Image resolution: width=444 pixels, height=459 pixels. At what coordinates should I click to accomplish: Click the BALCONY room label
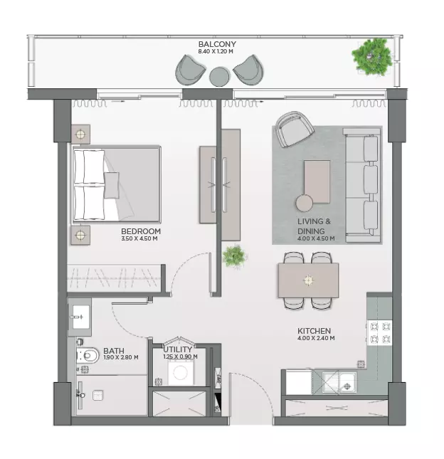(217, 44)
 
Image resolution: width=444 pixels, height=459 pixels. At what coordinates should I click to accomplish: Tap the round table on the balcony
(220, 77)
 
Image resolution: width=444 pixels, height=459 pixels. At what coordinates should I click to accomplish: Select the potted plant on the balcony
(372, 57)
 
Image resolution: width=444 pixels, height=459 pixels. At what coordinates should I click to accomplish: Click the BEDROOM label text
(141, 231)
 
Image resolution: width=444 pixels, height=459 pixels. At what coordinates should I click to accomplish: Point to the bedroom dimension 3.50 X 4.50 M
(139, 238)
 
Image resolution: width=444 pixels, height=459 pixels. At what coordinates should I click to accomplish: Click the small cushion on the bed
(112, 185)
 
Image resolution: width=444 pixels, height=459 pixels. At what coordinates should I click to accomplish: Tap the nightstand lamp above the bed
(80, 134)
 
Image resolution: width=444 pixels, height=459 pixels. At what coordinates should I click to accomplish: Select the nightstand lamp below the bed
(80, 235)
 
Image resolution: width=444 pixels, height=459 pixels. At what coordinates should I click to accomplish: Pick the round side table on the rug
(305, 203)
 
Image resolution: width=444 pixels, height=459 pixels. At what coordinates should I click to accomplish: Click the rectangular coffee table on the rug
(317, 181)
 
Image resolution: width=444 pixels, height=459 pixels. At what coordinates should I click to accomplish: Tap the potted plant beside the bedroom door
(234, 256)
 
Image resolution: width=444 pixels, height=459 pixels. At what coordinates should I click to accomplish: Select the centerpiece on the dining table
(308, 280)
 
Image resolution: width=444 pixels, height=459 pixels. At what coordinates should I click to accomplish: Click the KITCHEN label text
(314, 331)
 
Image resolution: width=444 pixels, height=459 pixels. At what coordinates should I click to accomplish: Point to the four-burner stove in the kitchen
(380, 333)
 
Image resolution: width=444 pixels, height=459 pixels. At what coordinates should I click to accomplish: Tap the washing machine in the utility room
(181, 372)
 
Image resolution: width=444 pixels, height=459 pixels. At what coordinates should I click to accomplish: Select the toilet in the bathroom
(88, 356)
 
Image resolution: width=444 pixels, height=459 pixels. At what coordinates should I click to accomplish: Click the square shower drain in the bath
(97, 396)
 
